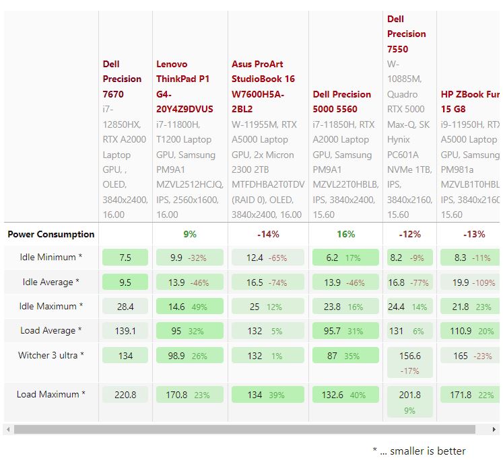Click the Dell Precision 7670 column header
[x=122, y=79]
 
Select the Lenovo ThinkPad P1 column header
[x=184, y=86]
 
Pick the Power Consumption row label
[x=51, y=234]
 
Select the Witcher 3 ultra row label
[x=51, y=355]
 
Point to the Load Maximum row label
[x=51, y=394]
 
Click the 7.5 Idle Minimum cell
[x=125, y=258]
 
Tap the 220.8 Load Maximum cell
[x=125, y=395]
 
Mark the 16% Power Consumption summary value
[x=345, y=234]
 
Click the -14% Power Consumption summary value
[x=268, y=234]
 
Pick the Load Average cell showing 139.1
[x=125, y=331]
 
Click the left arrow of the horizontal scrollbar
[x=8, y=429]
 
